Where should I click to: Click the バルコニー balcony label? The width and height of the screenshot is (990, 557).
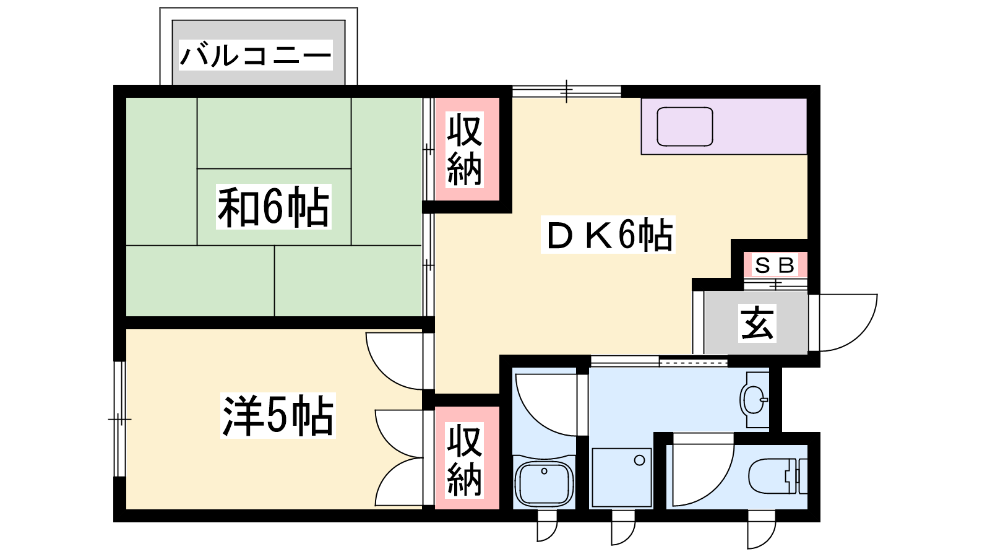click(x=256, y=55)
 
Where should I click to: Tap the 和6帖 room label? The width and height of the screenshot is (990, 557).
click(x=273, y=207)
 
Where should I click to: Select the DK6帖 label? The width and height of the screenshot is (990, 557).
click(x=608, y=235)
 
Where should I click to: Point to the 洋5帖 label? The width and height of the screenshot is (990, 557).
click(x=278, y=415)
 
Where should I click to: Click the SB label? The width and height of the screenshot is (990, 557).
click(x=775, y=266)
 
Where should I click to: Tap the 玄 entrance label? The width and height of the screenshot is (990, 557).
click(x=757, y=323)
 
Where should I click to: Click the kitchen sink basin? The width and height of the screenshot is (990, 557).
click(x=684, y=126)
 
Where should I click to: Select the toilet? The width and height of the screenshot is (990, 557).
click(x=777, y=476)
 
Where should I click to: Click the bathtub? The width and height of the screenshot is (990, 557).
click(x=544, y=483)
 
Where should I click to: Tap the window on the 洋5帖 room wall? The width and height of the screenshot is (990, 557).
click(x=120, y=418)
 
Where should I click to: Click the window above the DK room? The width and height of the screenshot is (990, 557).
click(x=567, y=92)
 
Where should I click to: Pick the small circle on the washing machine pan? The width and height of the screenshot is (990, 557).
click(x=640, y=460)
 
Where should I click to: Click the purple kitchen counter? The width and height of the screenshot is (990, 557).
click(x=724, y=126)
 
